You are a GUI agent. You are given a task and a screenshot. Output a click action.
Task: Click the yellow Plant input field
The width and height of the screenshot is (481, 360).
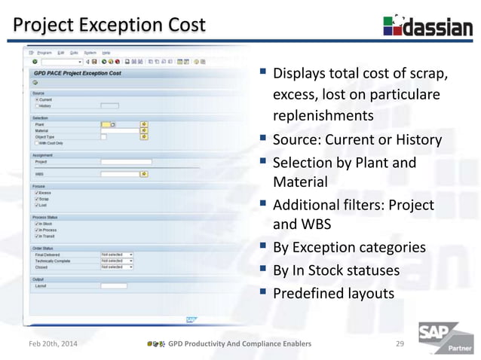coord(106,124)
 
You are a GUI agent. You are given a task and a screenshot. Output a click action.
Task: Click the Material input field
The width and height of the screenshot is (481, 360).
coord(119,130)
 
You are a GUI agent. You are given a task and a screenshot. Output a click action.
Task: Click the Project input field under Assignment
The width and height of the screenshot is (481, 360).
coord(126,161)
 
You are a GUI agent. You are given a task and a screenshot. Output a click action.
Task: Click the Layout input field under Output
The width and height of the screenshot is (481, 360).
coord(114,285)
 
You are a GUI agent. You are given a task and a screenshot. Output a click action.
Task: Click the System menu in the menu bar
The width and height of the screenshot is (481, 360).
coord(90,53)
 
